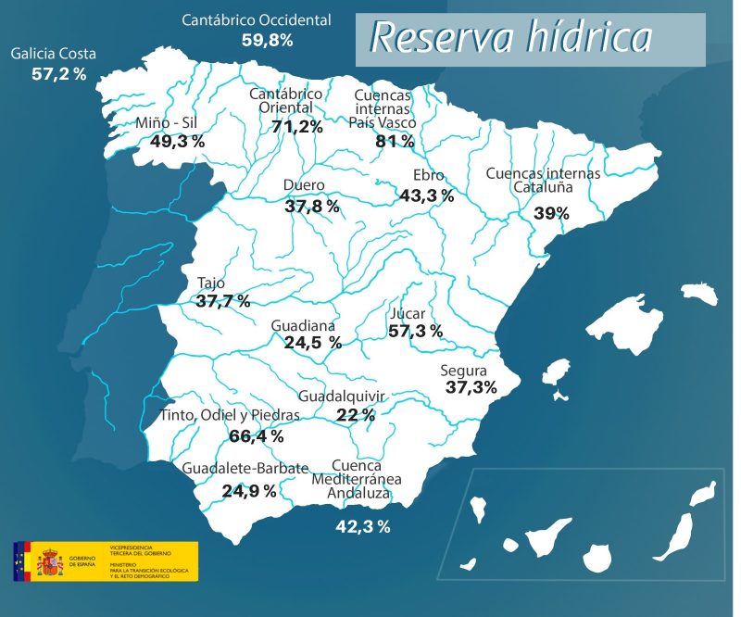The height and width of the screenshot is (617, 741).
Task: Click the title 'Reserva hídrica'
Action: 511,38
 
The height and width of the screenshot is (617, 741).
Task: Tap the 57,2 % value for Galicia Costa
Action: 58,74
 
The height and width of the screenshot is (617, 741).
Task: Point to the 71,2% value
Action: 297,127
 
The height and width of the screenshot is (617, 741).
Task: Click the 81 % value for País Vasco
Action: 395,142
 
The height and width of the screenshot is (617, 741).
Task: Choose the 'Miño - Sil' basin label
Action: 166,123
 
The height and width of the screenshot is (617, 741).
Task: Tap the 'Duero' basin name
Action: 304,185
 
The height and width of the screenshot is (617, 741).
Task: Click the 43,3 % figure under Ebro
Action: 426,195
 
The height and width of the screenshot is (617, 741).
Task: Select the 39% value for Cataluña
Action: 551,213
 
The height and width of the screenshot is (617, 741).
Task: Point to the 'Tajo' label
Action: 211,283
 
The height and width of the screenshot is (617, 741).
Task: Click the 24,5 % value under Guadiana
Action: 312,343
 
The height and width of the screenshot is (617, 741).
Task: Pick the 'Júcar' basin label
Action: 408,313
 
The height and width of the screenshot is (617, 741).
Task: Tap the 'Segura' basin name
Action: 464,371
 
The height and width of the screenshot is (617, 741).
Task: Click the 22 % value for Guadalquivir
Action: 356,414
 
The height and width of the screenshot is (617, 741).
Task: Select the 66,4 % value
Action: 256,435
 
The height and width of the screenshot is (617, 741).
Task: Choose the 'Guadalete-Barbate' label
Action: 245,469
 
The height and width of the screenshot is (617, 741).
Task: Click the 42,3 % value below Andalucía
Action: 362,527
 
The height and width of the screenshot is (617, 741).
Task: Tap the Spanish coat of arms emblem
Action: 49,561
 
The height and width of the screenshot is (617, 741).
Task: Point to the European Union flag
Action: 21,561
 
